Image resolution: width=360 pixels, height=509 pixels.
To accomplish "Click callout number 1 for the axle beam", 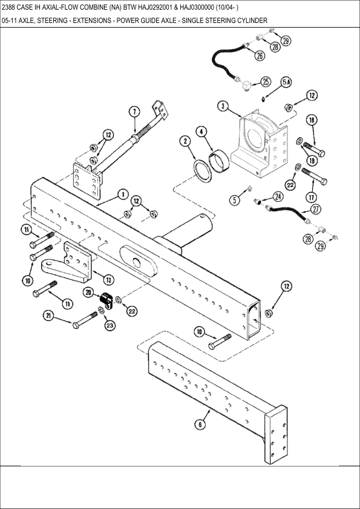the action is click(122, 195).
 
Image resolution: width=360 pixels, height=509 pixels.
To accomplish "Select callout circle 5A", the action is click(286, 82).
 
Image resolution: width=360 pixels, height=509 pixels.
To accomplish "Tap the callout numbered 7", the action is click(135, 112).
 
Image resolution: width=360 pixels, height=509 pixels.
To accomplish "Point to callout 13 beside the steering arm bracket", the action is click(108, 279).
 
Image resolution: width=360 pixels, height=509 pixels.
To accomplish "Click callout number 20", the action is click(88, 292).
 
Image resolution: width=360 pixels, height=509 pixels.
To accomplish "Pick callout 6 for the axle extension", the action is click(200, 424).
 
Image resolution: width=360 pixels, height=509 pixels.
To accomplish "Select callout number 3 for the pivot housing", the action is click(223, 106).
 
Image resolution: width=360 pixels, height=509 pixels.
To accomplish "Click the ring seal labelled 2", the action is click(203, 170).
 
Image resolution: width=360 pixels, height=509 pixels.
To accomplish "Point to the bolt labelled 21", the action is click(85, 320).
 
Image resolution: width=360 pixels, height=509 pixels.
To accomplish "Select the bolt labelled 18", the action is click(314, 148).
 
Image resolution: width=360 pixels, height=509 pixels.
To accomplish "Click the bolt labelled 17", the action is click(314, 177).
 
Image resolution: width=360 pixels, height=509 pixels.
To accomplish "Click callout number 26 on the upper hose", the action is click(260, 56).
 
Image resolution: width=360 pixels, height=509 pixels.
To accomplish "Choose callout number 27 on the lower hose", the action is click(315, 209).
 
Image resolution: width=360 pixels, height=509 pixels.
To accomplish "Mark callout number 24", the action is click(278, 196).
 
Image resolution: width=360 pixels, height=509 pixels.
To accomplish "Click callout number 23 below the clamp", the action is click(111, 326).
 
